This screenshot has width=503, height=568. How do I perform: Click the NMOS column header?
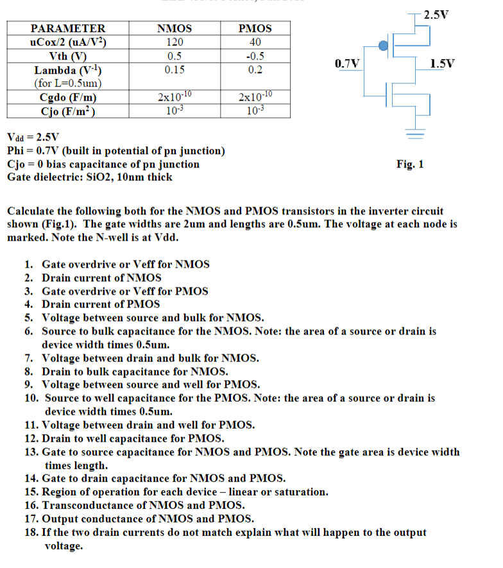(x=174, y=28)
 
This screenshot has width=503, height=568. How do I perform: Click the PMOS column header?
(x=255, y=28)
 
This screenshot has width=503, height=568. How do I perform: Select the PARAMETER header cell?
(x=68, y=28)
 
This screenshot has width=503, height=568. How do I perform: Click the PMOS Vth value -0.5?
(x=255, y=56)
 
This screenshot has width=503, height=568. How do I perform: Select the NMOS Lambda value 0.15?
(x=174, y=69)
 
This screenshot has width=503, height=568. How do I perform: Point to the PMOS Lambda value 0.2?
(x=255, y=69)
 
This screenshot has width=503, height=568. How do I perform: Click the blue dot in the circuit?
(x=383, y=45)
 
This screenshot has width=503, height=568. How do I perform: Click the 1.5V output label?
(x=443, y=64)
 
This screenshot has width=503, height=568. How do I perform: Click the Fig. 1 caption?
(x=410, y=164)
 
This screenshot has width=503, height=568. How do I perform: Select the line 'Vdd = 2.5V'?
(x=33, y=137)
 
